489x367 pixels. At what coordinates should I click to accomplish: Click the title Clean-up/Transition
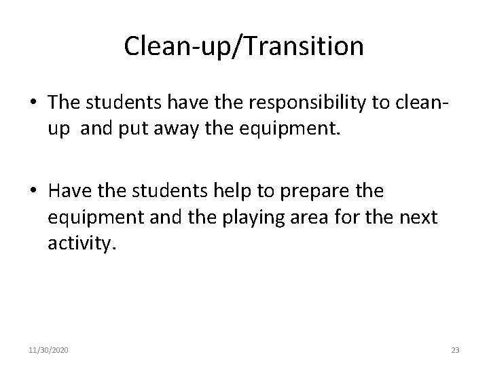(x=244, y=46)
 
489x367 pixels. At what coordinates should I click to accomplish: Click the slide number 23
(x=454, y=350)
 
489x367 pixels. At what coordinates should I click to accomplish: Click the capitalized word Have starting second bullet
(x=68, y=192)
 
